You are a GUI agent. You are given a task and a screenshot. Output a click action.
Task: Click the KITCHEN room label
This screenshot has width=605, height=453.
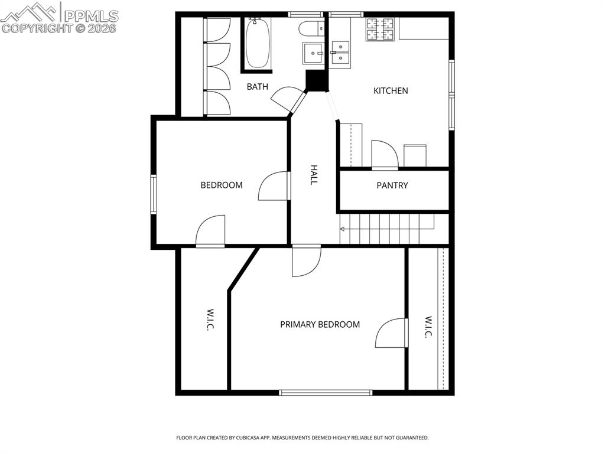(x=391, y=91)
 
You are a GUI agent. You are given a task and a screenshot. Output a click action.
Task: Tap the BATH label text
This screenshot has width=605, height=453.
(x=257, y=87)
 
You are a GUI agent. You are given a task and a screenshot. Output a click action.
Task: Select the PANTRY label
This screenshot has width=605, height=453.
(x=392, y=185)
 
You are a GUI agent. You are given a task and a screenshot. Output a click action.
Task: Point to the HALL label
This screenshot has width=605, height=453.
(x=314, y=175)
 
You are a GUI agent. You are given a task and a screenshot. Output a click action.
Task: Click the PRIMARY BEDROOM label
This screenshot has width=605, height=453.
(x=320, y=324)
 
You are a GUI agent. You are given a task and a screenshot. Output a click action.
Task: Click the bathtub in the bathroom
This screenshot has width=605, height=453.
(x=257, y=44)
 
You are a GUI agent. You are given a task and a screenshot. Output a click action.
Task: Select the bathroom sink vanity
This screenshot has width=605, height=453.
(x=313, y=53)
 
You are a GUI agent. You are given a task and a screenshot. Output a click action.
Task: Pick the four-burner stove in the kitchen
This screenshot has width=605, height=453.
(x=380, y=30)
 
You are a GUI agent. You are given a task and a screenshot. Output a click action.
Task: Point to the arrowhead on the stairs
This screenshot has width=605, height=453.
(x=343, y=229)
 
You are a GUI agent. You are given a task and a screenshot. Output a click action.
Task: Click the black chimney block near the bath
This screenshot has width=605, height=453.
(x=316, y=81)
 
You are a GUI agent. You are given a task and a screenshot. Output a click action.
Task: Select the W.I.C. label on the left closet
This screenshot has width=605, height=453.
(x=209, y=320)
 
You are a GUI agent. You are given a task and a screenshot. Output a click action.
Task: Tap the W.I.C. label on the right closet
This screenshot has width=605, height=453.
(x=428, y=327)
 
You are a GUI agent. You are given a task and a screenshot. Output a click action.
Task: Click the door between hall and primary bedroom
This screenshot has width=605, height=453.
(x=306, y=260)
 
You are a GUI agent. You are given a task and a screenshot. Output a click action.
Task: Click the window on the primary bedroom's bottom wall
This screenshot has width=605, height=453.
(x=326, y=392)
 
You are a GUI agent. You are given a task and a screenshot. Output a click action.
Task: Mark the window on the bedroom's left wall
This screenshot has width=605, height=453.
(x=153, y=194)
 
